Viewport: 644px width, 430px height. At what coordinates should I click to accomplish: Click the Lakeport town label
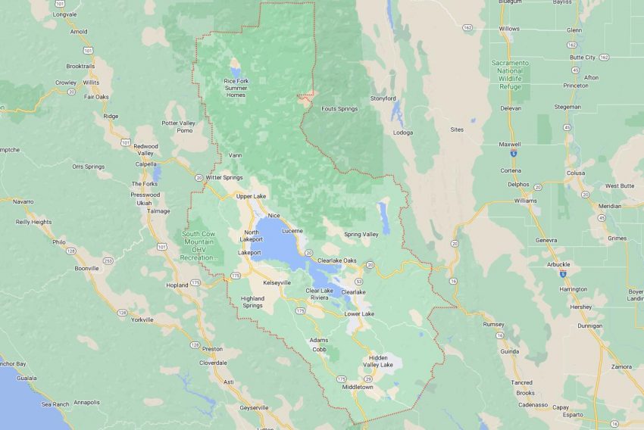click(x=249, y=252)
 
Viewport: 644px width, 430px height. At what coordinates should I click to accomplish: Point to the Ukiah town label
click(x=144, y=203)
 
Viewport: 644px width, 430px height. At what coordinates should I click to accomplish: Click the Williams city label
click(x=524, y=201)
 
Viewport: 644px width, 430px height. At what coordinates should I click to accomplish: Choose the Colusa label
click(x=575, y=173)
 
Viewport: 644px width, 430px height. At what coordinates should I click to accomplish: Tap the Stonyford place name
click(x=383, y=98)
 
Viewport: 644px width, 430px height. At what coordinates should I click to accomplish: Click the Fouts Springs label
click(x=339, y=109)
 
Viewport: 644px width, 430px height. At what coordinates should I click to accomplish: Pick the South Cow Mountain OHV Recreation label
click(x=200, y=245)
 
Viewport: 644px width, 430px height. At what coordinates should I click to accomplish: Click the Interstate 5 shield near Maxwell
click(x=514, y=153)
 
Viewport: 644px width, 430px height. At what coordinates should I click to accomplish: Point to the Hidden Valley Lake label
click(x=377, y=361)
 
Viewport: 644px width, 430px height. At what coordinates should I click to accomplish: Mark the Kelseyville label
click(x=277, y=282)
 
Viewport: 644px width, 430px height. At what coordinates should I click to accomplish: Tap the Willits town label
click(x=91, y=82)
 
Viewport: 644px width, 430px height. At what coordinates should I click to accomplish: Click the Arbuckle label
click(x=559, y=264)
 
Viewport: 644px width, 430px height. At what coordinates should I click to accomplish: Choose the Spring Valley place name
click(x=361, y=234)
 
